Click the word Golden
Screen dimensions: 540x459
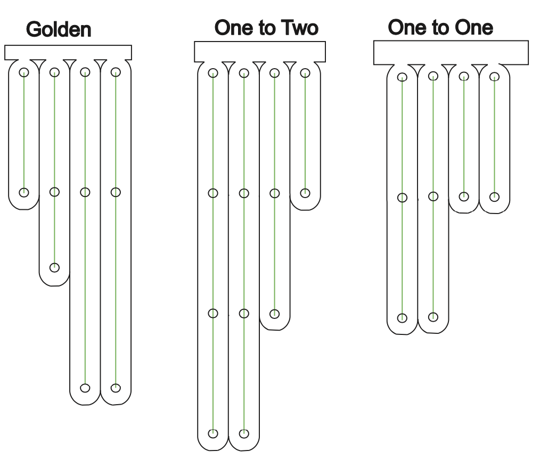point(59,29)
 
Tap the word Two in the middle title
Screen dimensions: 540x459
point(300,28)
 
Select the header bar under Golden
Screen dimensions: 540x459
point(68,52)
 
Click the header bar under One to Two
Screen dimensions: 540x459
point(260,52)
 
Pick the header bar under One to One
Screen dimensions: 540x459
point(451,52)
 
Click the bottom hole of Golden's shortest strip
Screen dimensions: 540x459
point(24,192)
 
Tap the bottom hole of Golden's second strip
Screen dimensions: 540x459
point(54,267)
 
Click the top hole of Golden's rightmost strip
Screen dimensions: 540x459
point(116,72)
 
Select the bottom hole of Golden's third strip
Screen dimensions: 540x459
point(85,388)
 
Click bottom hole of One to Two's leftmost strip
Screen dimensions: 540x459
point(213,433)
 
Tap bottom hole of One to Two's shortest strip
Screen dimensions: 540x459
point(305,193)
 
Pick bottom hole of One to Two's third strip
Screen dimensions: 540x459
point(274,314)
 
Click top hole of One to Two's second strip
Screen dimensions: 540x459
point(244,73)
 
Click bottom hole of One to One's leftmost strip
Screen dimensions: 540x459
point(402,318)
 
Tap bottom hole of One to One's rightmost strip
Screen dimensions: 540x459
point(495,197)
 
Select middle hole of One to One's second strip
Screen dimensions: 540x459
point(433,196)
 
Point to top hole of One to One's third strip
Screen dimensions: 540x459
point(464,76)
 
